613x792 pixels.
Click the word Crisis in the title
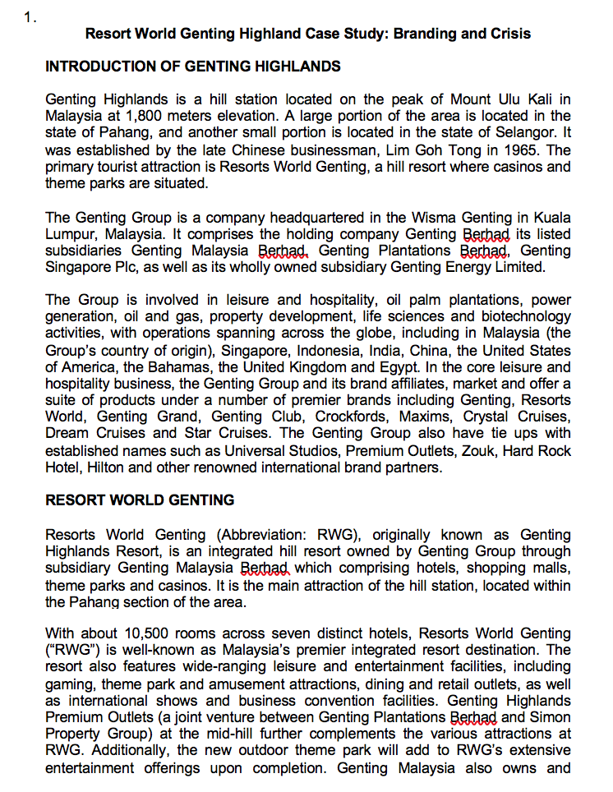[509, 34]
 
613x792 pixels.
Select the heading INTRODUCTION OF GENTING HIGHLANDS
[192, 66]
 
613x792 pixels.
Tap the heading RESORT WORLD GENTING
[140, 500]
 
